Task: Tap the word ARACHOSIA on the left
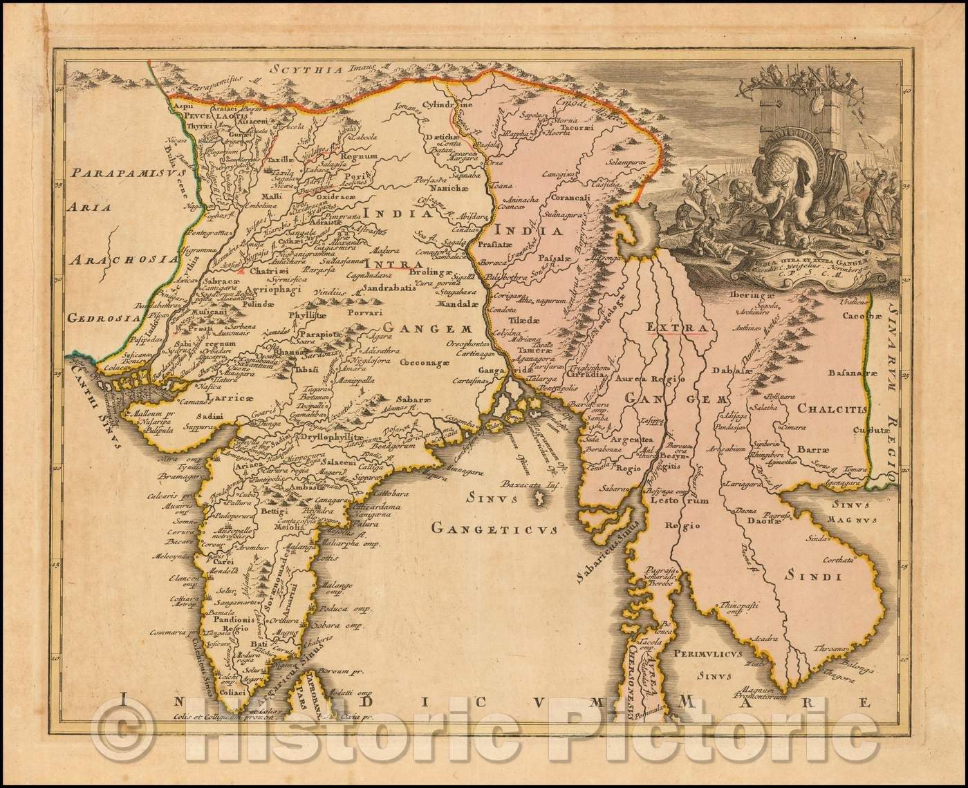pos(120,260)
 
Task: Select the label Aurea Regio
pos(654,381)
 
